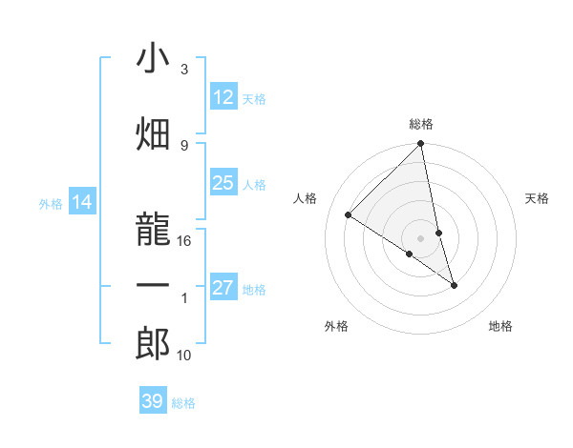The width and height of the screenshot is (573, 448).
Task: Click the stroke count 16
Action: (185, 241)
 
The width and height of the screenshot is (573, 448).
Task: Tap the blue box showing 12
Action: (223, 97)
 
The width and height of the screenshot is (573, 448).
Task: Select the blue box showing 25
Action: (223, 183)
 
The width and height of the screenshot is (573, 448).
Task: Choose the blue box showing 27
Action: (223, 288)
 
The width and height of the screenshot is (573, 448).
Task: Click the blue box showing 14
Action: (82, 202)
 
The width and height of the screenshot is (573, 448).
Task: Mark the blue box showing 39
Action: (152, 401)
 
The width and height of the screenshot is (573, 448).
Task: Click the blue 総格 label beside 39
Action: (183, 403)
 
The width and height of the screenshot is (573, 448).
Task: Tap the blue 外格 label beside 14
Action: (51, 203)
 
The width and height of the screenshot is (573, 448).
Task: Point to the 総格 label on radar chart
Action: (421, 124)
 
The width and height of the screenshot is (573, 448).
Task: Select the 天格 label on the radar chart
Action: (538, 198)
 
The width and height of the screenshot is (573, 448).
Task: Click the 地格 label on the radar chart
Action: (500, 326)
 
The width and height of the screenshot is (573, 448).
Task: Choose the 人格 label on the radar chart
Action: (306, 198)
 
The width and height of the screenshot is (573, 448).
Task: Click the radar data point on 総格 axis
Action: (421, 144)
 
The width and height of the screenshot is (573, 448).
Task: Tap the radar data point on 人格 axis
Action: (349, 215)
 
